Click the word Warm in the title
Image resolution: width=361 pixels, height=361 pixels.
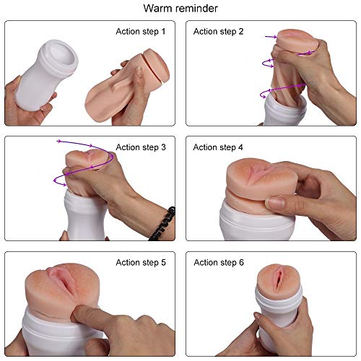157,8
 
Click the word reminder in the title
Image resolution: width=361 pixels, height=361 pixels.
196,8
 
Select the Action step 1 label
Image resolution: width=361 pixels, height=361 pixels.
141,32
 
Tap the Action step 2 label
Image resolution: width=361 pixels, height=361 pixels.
218,32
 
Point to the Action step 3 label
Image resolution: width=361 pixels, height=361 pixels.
141,147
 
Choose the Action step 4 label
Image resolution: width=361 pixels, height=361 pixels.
218,147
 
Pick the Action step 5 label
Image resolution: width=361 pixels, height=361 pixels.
141,262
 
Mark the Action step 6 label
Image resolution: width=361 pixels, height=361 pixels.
219,262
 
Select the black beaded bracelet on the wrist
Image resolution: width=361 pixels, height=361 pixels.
163,224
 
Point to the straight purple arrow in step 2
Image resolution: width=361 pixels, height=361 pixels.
271,37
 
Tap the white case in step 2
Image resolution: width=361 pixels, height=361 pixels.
284,110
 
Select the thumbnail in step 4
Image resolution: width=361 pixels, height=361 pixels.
275,203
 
